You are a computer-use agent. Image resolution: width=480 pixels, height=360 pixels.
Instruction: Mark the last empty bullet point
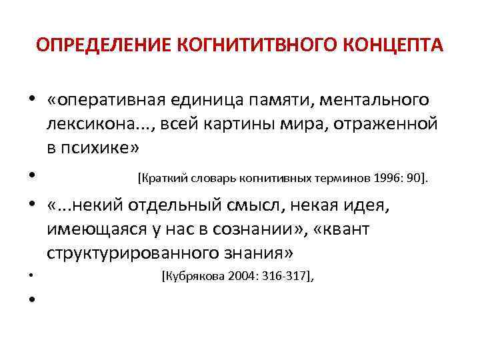tap(32, 300)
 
